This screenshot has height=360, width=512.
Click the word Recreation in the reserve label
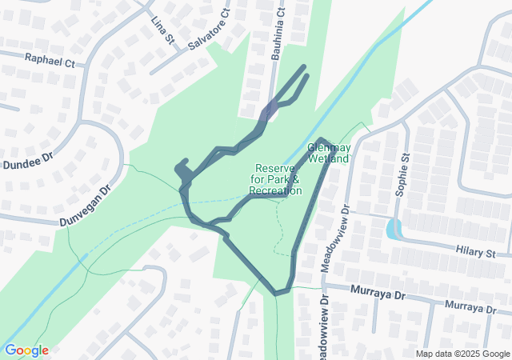click(x=275, y=190)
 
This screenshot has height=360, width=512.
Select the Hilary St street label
click(x=475, y=253)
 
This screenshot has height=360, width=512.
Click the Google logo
click(x=26, y=350)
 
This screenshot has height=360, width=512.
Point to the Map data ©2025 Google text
click(x=462, y=354)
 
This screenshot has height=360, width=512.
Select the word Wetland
click(x=329, y=159)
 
